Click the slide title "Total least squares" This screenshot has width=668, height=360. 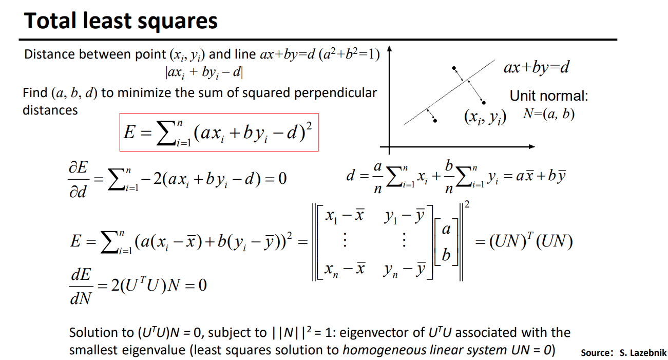[x=121, y=21]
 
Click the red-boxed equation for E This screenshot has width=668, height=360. [x=219, y=132]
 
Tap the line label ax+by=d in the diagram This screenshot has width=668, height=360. [x=536, y=67]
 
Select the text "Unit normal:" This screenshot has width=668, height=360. [x=548, y=96]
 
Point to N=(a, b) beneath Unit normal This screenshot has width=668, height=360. [x=548, y=114]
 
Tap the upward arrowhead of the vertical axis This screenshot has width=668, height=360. [x=390, y=50]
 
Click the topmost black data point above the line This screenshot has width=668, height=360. [x=453, y=68]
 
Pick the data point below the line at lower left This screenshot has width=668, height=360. [x=435, y=121]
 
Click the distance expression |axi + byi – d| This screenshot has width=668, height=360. [x=204, y=72]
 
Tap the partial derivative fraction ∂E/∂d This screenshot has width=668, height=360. [x=79, y=179]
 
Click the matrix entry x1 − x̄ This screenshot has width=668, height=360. [x=345, y=216]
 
